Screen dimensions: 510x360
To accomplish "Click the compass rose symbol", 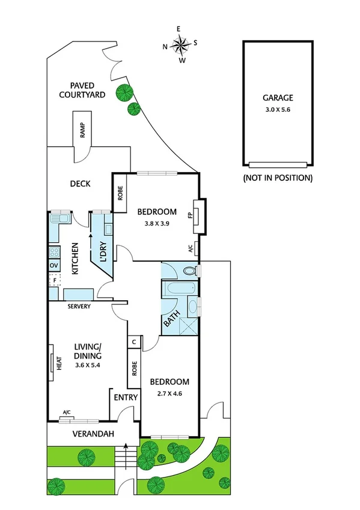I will tap(180, 44).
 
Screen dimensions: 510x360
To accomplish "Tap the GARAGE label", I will tap(277, 97).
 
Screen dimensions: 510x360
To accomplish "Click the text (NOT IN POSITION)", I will tap(278, 178).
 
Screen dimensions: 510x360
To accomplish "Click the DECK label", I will tap(80, 183).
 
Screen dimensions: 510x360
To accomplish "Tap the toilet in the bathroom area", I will tap(189, 271).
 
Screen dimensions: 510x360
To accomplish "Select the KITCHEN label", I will tap(76, 259).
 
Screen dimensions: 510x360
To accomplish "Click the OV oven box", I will tap(53, 265).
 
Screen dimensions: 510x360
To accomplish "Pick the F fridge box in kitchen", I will tap(54, 280).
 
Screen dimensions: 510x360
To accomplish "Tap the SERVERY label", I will tap(79, 307).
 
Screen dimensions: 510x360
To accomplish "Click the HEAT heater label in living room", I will tap(59, 364).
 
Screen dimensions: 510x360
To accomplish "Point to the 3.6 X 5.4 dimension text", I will tap(88, 365).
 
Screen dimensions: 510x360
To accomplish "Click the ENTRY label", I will tap(126, 398).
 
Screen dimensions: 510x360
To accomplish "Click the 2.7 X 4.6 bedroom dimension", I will tap(169, 394).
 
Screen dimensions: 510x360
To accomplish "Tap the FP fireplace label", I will tap(190, 215).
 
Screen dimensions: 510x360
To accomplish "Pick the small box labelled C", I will tap(133, 342).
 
